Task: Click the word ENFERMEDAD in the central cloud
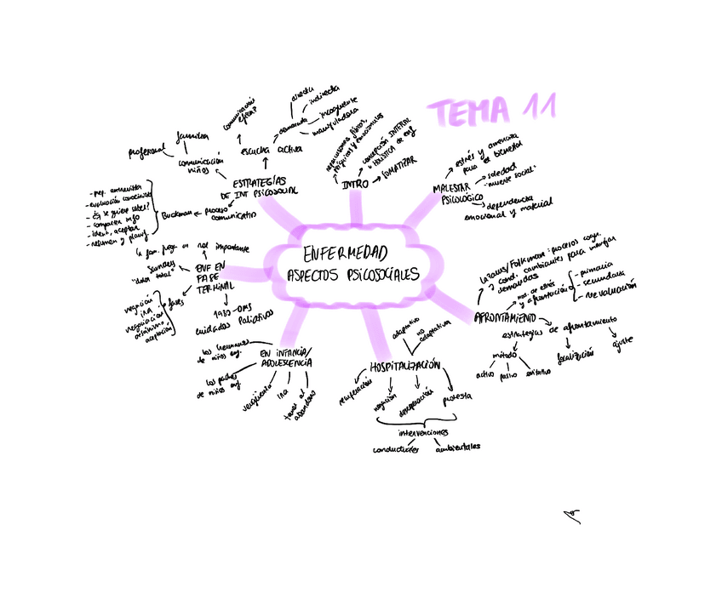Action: (344, 254)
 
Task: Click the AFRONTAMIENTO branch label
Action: (509, 318)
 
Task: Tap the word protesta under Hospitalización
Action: (457, 396)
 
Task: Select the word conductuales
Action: (396, 449)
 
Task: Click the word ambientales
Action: (457, 446)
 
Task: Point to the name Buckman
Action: (177, 214)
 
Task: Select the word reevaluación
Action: (607, 290)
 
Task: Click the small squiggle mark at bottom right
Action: (572, 516)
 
